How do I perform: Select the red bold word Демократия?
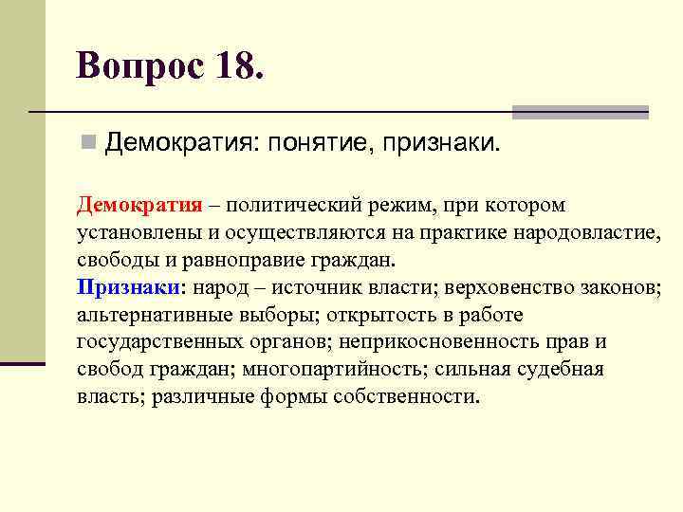click(x=139, y=207)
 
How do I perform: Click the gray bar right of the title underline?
click(x=580, y=112)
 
